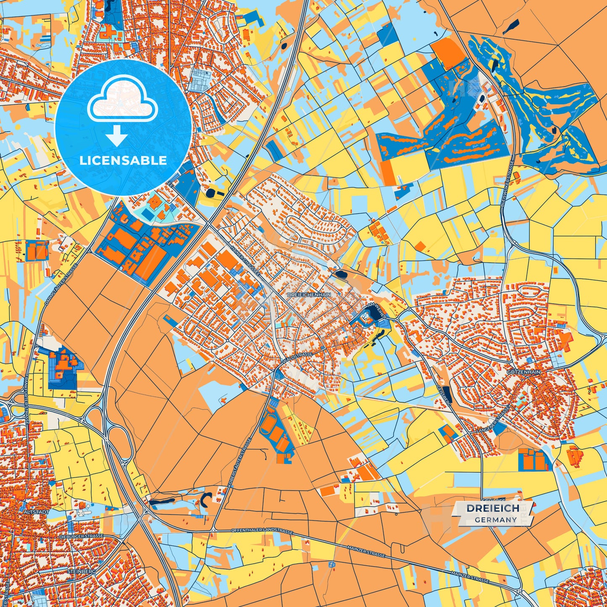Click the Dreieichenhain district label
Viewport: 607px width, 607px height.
tap(309, 295)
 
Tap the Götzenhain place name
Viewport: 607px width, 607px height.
tap(523, 372)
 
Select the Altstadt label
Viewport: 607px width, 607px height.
tap(37, 512)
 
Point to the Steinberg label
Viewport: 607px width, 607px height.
tap(81, 572)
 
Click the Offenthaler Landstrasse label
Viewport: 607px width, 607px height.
tap(262, 531)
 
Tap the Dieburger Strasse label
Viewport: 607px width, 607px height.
tap(84, 536)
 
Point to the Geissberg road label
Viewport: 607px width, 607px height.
tap(444, 395)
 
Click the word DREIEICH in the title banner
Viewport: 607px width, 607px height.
tap(493, 508)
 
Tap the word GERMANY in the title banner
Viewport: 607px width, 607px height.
tap(496, 520)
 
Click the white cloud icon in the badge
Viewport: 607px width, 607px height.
tap(122, 98)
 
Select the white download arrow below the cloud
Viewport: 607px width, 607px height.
tap(117, 135)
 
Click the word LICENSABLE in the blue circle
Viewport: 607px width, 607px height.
tap(123, 160)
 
